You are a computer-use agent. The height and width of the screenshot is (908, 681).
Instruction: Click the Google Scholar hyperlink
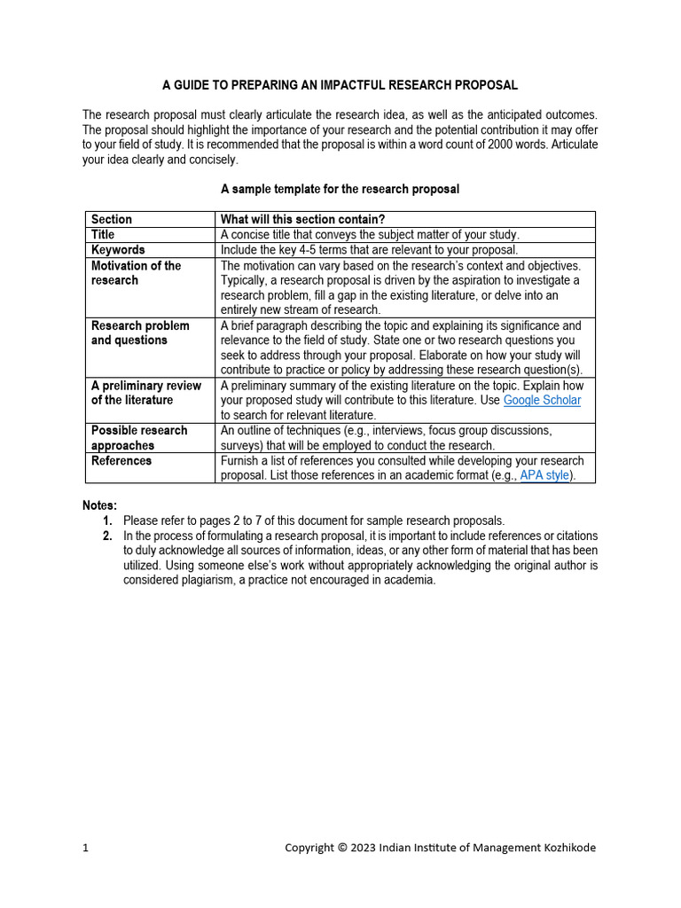(542, 400)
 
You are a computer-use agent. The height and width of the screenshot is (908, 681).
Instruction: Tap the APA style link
(544, 475)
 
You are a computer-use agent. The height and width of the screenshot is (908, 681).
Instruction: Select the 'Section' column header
(112, 219)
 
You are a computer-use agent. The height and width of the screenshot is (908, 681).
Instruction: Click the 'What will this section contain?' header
(302, 219)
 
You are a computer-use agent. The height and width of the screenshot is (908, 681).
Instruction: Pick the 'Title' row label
(103, 234)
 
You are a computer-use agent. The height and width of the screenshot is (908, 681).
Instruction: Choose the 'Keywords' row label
(118, 250)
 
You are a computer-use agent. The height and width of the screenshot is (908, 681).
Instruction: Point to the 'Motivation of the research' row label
(136, 272)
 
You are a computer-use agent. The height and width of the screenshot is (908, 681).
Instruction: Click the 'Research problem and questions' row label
(140, 333)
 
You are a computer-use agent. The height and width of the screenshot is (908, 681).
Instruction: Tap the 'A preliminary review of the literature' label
(145, 393)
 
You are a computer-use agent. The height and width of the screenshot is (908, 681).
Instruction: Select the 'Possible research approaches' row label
(139, 438)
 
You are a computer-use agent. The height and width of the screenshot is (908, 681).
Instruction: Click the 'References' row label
(121, 460)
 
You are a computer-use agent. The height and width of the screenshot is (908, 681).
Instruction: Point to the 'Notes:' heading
(99, 505)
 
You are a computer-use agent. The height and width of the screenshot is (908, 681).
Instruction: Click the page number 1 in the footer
(85, 848)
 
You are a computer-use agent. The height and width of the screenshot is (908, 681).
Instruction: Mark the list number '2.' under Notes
(107, 536)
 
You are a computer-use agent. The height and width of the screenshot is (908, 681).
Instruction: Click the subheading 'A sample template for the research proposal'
(340, 189)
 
